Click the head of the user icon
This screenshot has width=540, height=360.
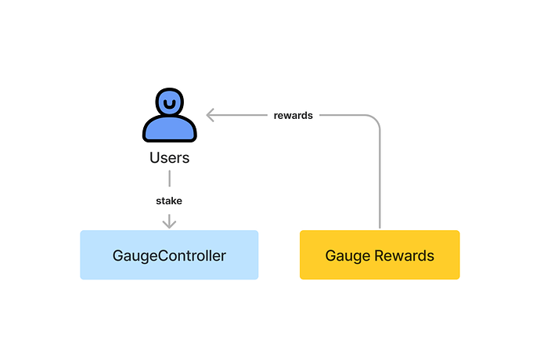(169, 102)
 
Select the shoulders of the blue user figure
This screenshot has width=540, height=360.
(169, 129)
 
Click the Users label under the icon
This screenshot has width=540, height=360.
(169, 158)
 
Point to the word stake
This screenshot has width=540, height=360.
(169, 201)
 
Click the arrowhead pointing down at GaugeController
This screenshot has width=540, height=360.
(169, 224)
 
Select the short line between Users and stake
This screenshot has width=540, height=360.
(169, 179)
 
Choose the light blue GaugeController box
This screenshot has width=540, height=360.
(169, 255)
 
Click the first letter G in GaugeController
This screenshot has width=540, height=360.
(118, 255)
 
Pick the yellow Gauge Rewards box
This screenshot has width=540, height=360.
(380, 255)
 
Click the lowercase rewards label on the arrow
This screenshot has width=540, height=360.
(293, 115)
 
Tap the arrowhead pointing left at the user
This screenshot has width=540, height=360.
(209, 115)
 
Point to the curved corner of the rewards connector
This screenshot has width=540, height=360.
(375, 121)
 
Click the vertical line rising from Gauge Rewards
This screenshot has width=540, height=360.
(380, 180)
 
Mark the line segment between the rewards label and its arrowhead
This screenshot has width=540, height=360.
(239, 115)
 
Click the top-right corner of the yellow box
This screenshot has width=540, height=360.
(458, 232)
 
